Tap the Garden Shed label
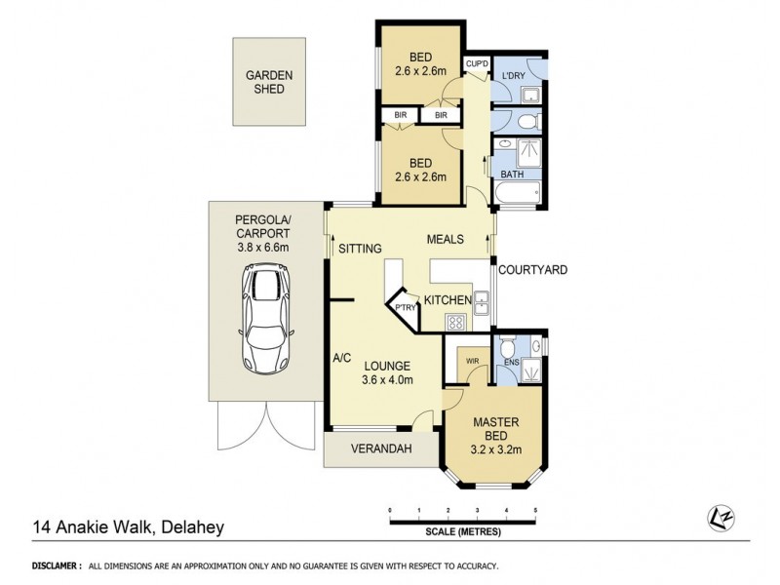pos(264,81)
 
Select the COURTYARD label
pos(532,270)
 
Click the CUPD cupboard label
pos(476,64)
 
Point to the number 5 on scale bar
pos(535,510)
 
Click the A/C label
pos(341,358)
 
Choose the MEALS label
pos(444,240)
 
